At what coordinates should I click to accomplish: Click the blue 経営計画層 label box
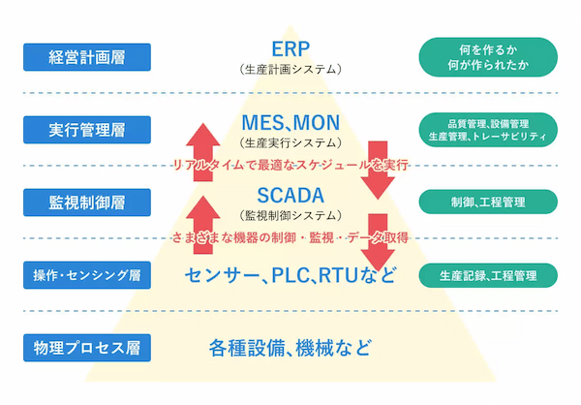click(87, 56)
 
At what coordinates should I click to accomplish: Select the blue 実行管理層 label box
click(87, 129)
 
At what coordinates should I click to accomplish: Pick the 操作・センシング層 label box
click(87, 274)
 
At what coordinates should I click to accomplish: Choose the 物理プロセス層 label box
click(87, 346)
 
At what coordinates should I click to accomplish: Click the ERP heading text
click(290, 48)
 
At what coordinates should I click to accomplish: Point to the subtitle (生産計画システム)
click(290, 70)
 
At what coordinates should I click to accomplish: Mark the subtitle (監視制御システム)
click(290, 214)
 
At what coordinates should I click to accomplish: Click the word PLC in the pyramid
click(291, 274)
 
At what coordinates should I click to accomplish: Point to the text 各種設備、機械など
click(290, 347)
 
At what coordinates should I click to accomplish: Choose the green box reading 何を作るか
click(487, 56)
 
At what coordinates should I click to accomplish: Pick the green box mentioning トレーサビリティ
click(487, 129)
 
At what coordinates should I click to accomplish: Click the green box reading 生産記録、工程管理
click(487, 274)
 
